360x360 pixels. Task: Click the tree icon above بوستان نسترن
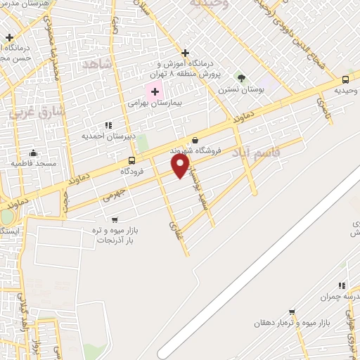[x=241, y=77]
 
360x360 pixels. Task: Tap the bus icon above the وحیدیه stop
[x=345, y=80]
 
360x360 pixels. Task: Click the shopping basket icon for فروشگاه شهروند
[x=194, y=140]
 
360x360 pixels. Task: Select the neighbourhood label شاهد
[x=98, y=64]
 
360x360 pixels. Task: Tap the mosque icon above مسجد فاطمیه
[x=32, y=153]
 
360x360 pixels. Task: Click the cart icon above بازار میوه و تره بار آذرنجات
[x=115, y=219]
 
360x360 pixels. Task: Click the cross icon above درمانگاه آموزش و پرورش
[x=185, y=53]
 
